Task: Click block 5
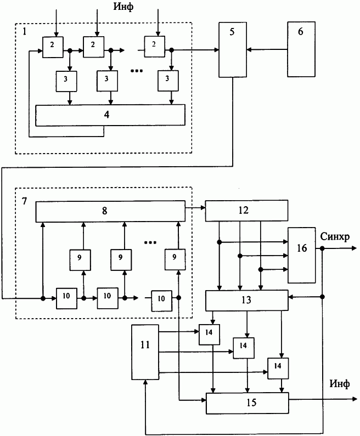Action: tap(233, 49)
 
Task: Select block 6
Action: tap(301, 49)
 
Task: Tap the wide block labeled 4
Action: tap(110, 115)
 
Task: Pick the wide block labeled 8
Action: tap(110, 211)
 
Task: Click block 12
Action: tap(246, 211)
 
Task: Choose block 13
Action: tap(247, 301)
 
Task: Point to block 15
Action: tap(248, 403)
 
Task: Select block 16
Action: tap(302, 255)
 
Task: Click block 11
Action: tap(145, 352)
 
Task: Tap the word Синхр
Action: tap(335, 237)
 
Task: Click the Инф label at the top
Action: tap(123, 7)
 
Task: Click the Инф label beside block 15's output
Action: tap(340, 384)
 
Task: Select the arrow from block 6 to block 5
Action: tap(267, 49)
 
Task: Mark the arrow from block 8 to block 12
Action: tap(195, 207)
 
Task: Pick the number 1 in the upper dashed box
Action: tap(25, 31)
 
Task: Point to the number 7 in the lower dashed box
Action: tap(25, 201)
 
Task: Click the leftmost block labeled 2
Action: tap(53, 47)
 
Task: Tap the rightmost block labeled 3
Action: tap(168, 81)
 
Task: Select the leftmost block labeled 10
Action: tap(67, 298)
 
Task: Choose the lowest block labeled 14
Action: tap(278, 369)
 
